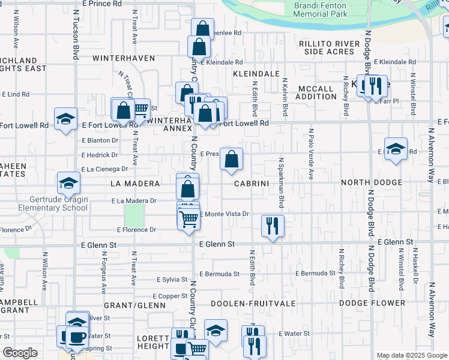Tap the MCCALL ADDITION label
[x=316, y=92]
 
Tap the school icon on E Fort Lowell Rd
[x=65, y=118]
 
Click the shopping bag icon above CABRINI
[x=231, y=158]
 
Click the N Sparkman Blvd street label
[x=280, y=178]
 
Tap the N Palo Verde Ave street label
[x=311, y=153]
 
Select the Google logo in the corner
[x=20, y=353]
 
